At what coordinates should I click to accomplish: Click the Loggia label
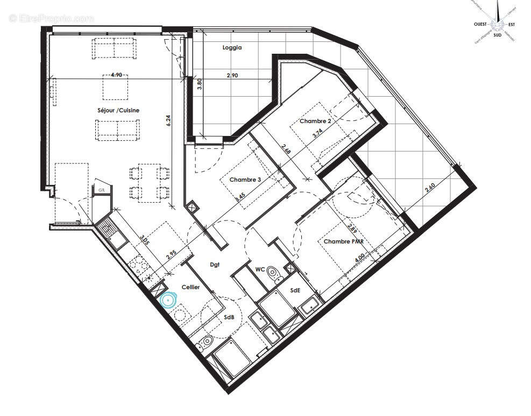[232, 47]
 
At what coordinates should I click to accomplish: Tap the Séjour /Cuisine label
[118, 110]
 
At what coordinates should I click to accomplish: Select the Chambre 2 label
[315, 121]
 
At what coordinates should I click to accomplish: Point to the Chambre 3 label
[245, 180]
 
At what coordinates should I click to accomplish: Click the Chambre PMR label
[344, 242]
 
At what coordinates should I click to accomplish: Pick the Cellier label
[190, 288]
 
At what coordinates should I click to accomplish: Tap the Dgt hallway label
[216, 264]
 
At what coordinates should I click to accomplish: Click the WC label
[259, 269]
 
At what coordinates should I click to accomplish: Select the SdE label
[295, 290]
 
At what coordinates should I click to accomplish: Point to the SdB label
[229, 317]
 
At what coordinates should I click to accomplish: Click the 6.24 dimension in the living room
[169, 121]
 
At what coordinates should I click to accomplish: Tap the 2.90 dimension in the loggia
[232, 76]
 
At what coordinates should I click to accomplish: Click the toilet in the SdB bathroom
[206, 342]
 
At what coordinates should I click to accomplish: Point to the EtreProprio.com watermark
[52, 18]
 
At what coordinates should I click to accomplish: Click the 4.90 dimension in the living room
[116, 76]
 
